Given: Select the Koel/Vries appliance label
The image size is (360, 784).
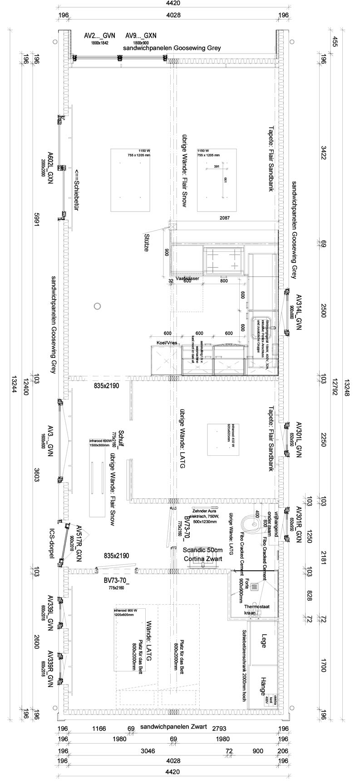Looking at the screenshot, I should (x=167, y=343).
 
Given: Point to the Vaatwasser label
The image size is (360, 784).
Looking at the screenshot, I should (x=187, y=278).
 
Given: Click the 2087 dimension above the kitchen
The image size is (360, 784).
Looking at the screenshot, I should (x=224, y=218).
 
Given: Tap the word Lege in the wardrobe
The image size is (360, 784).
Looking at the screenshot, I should (x=263, y=643).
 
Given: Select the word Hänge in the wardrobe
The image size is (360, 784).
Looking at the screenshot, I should (x=263, y=685).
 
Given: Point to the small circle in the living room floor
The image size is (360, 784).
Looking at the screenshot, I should (x=96, y=306).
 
